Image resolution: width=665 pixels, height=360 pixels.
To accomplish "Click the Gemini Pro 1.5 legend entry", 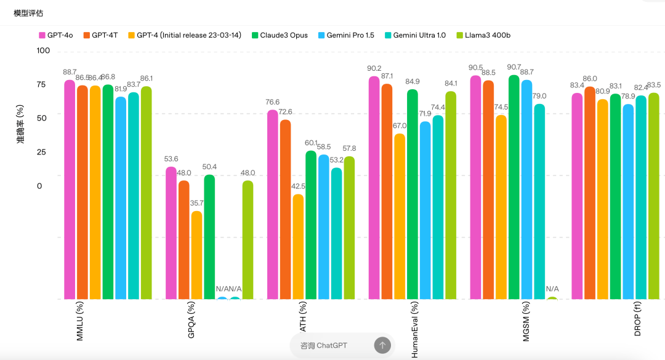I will point(345,35).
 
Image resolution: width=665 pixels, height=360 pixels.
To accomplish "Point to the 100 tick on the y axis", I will point(43,50).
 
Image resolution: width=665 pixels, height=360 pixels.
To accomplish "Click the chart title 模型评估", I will point(28,13).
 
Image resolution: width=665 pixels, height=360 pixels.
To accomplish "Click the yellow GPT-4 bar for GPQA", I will point(196,255).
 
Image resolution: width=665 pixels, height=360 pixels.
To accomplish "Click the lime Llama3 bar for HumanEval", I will point(451,195).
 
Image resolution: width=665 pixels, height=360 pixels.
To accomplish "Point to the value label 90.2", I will point(374,68).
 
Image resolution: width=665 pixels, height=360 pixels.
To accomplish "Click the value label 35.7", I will point(196,203).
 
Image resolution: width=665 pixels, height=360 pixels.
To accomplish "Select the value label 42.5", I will point(298,186).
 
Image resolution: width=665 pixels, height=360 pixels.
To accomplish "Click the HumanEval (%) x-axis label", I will point(414,330).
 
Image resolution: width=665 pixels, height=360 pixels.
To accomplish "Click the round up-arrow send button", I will point(382,345).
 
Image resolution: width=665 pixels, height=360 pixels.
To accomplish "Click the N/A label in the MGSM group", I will point(552,289).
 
